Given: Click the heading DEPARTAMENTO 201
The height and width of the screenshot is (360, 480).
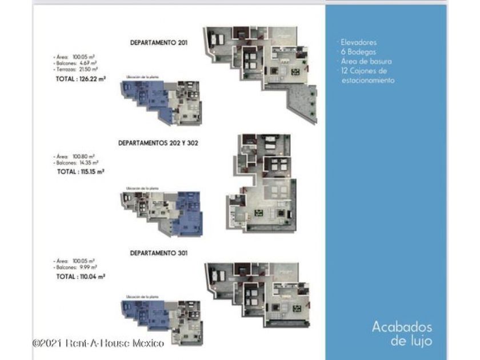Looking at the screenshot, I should pos(159,42).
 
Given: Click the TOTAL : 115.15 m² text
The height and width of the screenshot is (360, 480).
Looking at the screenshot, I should pos(81,171).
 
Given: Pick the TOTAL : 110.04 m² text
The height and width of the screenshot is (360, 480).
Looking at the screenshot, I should pos(81,276).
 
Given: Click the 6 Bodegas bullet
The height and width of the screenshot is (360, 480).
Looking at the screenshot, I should pos(358,51).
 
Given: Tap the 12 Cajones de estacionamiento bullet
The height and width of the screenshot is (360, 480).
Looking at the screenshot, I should pos(366,75).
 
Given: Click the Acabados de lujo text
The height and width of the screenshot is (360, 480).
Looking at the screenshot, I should pos(402,334).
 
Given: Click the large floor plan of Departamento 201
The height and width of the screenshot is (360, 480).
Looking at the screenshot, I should pos(260,71).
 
